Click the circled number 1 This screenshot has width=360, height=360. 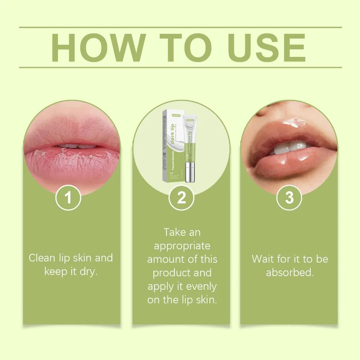point(68,198)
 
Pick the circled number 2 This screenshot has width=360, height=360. point(181,198)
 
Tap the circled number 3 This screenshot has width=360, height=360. point(289,198)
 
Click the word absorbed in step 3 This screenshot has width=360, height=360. point(290,273)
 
